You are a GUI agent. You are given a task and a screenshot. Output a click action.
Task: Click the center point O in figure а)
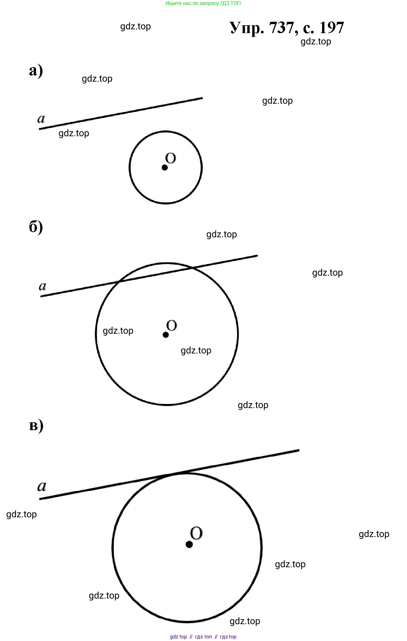pos(165,167)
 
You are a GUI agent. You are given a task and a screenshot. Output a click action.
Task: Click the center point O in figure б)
pos(166,335)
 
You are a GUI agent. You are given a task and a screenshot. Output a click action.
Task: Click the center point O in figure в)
pos(189,544)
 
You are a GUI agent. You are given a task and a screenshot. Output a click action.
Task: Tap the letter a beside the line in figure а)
pos(41,118)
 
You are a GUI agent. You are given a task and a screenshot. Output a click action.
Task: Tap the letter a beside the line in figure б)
pos(42,286)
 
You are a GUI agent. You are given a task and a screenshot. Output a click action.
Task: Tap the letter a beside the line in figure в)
pos(42,486)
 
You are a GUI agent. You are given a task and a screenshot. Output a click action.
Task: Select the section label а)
pos(36,71)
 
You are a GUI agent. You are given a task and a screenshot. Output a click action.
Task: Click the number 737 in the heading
pos(282,28)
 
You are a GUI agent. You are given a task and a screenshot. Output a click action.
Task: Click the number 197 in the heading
pos(332,28)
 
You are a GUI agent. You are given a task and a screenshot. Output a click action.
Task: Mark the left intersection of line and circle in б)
pos(119,281)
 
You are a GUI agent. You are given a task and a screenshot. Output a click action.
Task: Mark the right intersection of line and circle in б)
pos(192,267)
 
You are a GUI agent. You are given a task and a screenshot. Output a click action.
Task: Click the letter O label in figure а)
pos(170,158)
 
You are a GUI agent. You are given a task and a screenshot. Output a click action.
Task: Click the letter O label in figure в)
pos(196,533)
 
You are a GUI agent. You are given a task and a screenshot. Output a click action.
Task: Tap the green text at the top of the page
pos(203,3)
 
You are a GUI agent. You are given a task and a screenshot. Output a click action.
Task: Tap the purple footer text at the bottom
pos(203,637)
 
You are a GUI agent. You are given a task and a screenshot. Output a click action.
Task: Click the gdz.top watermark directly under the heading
pos(316,42)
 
